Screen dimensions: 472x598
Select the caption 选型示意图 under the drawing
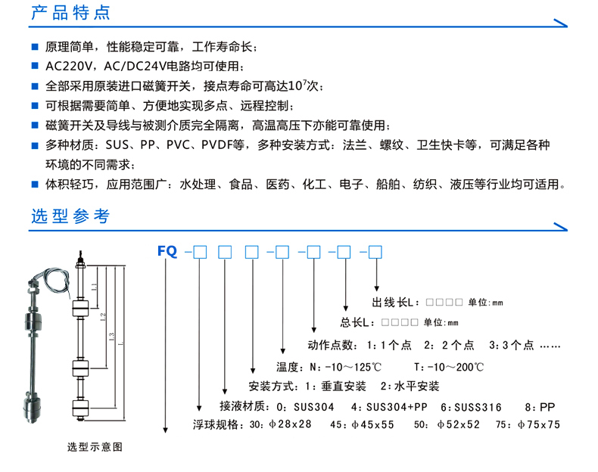click(x=95, y=447)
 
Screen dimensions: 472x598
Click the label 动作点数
click(x=331, y=345)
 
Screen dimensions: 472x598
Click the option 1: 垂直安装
click(x=337, y=387)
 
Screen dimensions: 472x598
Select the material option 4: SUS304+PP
click(x=389, y=407)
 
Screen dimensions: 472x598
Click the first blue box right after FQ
click(x=200, y=252)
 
